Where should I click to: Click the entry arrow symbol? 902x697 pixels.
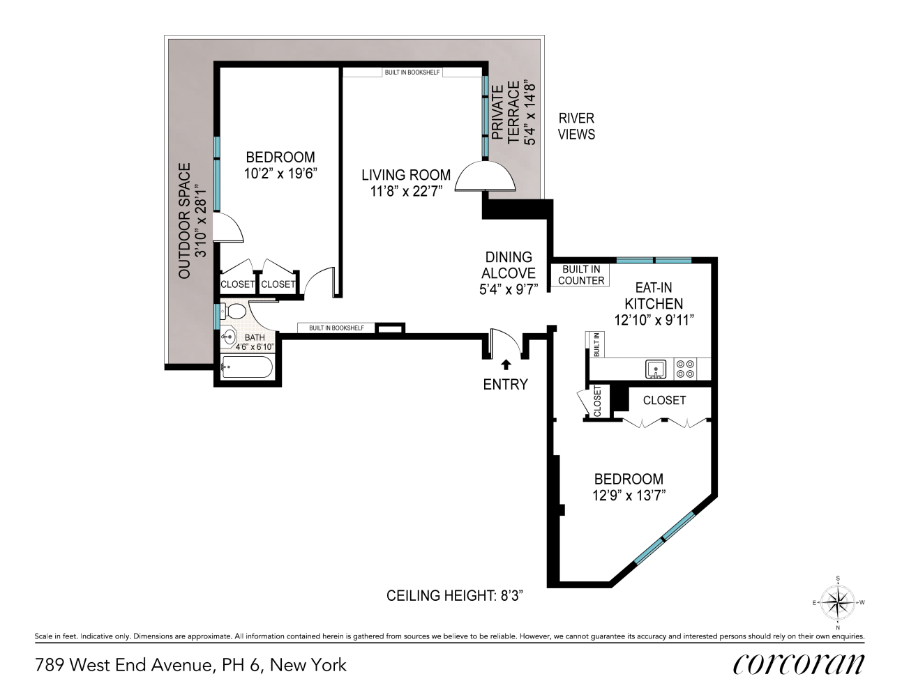(506, 364)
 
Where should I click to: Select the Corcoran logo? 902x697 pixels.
(799, 664)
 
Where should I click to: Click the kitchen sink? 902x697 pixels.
(656, 369)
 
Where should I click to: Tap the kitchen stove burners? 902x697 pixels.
(685, 369)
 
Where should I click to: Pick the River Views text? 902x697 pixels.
(576, 126)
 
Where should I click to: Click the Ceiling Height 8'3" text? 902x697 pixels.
(455, 596)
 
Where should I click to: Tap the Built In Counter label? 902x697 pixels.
(581, 275)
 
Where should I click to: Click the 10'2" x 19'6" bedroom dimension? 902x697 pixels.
(280, 174)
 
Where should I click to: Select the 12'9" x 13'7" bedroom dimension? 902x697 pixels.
(629, 496)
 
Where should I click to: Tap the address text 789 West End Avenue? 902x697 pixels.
(190, 665)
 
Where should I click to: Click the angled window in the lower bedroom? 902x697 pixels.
(664, 539)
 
